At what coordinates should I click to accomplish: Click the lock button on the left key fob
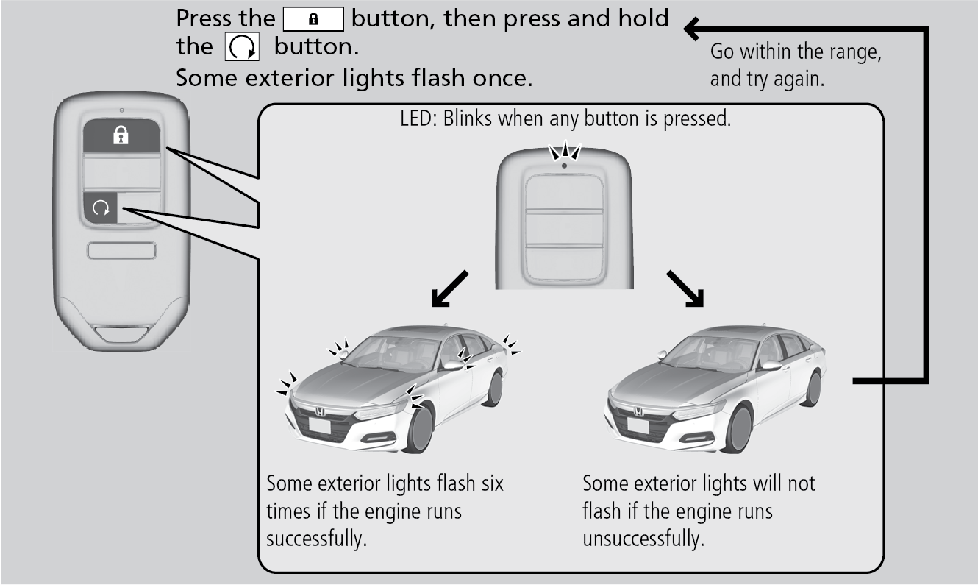coord(121,136)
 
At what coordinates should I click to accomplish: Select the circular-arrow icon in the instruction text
coord(243,49)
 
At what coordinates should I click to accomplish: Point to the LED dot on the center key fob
coord(563,166)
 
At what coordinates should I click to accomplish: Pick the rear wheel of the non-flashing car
coord(812,388)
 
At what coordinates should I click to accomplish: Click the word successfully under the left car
coord(316,538)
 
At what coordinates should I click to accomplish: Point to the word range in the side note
coord(856,53)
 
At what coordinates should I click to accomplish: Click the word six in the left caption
coord(490,484)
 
